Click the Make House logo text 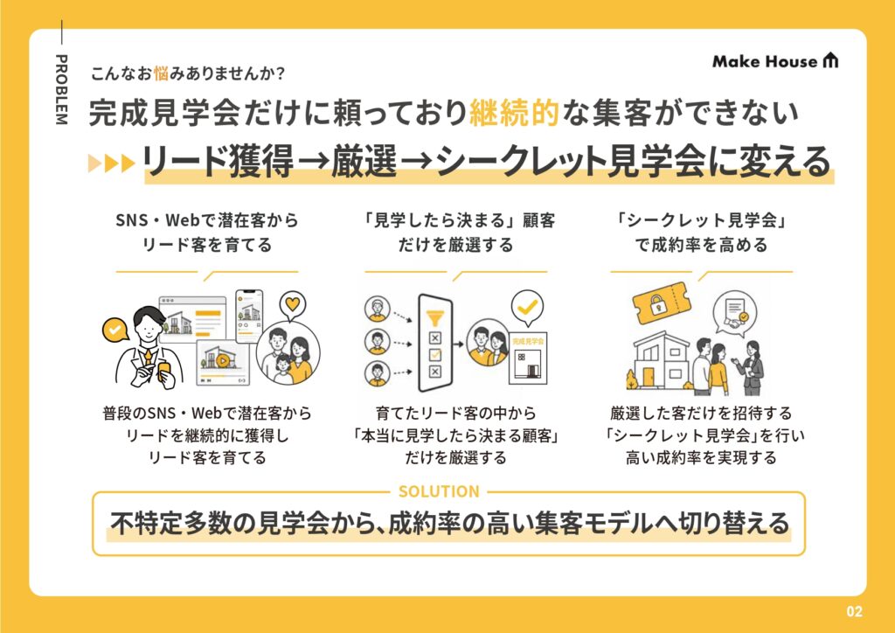pyautogui.click(x=765, y=61)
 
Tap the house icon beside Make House pyautogui.click(x=830, y=60)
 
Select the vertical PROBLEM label pyautogui.click(x=61, y=89)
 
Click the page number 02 pyautogui.click(x=855, y=611)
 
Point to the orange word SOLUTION pyautogui.click(x=439, y=491)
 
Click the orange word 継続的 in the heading pyautogui.click(x=514, y=113)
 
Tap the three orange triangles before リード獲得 pyautogui.click(x=111, y=163)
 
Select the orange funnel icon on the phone pyautogui.click(x=435, y=316)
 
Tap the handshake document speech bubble pyautogui.click(x=736, y=315)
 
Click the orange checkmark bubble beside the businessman pyautogui.click(x=115, y=330)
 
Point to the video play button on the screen pyautogui.click(x=222, y=361)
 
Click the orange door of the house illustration pyautogui.click(x=649, y=377)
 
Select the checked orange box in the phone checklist pyautogui.click(x=435, y=355)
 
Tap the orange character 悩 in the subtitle pyautogui.click(x=161, y=73)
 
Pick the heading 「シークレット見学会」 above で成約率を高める pyautogui.click(x=702, y=220)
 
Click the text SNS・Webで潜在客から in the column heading pyautogui.click(x=206, y=220)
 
